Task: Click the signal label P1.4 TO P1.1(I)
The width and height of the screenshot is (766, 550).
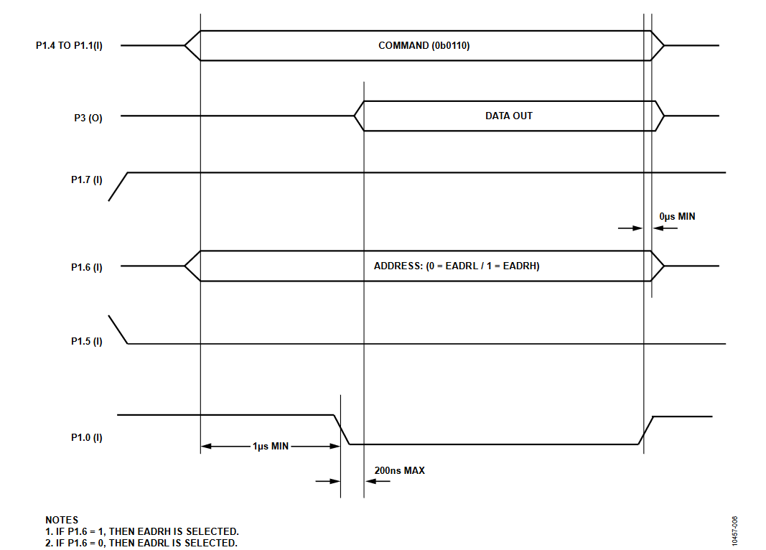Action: [x=69, y=45]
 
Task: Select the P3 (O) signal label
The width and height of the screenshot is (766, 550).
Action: [x=88, y=118]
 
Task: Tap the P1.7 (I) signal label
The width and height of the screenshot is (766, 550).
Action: [x=86, y=180]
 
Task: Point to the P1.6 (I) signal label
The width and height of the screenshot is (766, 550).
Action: [x=86, y=267]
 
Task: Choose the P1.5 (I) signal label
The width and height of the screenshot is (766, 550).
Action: [x=86, y=341]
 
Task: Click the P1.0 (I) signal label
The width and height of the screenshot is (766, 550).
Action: [x=86, y=437]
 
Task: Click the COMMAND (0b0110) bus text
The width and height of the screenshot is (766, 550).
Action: [x=424, y=45]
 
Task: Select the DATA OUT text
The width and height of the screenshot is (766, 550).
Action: [x=508, y=116]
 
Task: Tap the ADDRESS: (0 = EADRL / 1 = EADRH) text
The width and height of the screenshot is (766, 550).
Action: [x=457, y=266]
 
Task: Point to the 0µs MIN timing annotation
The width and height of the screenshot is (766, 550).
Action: [x=677, y=216]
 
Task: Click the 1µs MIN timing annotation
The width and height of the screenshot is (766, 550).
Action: [x=271, y=446]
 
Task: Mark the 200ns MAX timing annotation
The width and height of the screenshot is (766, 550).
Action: [x=400, y=470]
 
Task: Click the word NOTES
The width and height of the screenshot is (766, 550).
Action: [x=62, y=520]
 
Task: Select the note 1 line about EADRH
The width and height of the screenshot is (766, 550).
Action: [x=141, y=531]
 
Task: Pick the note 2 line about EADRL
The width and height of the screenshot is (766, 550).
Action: [x=141, y=543]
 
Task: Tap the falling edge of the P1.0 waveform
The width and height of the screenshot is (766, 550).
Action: [x=342, y=430]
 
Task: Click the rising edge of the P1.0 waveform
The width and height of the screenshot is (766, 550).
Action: [x=646, y=430]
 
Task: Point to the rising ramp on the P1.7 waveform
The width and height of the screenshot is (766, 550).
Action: [x=118, y=187]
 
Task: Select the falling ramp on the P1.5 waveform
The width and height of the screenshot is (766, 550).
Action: [x=118, y=330]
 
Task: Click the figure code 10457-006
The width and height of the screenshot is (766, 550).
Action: [x=734, y=531]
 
